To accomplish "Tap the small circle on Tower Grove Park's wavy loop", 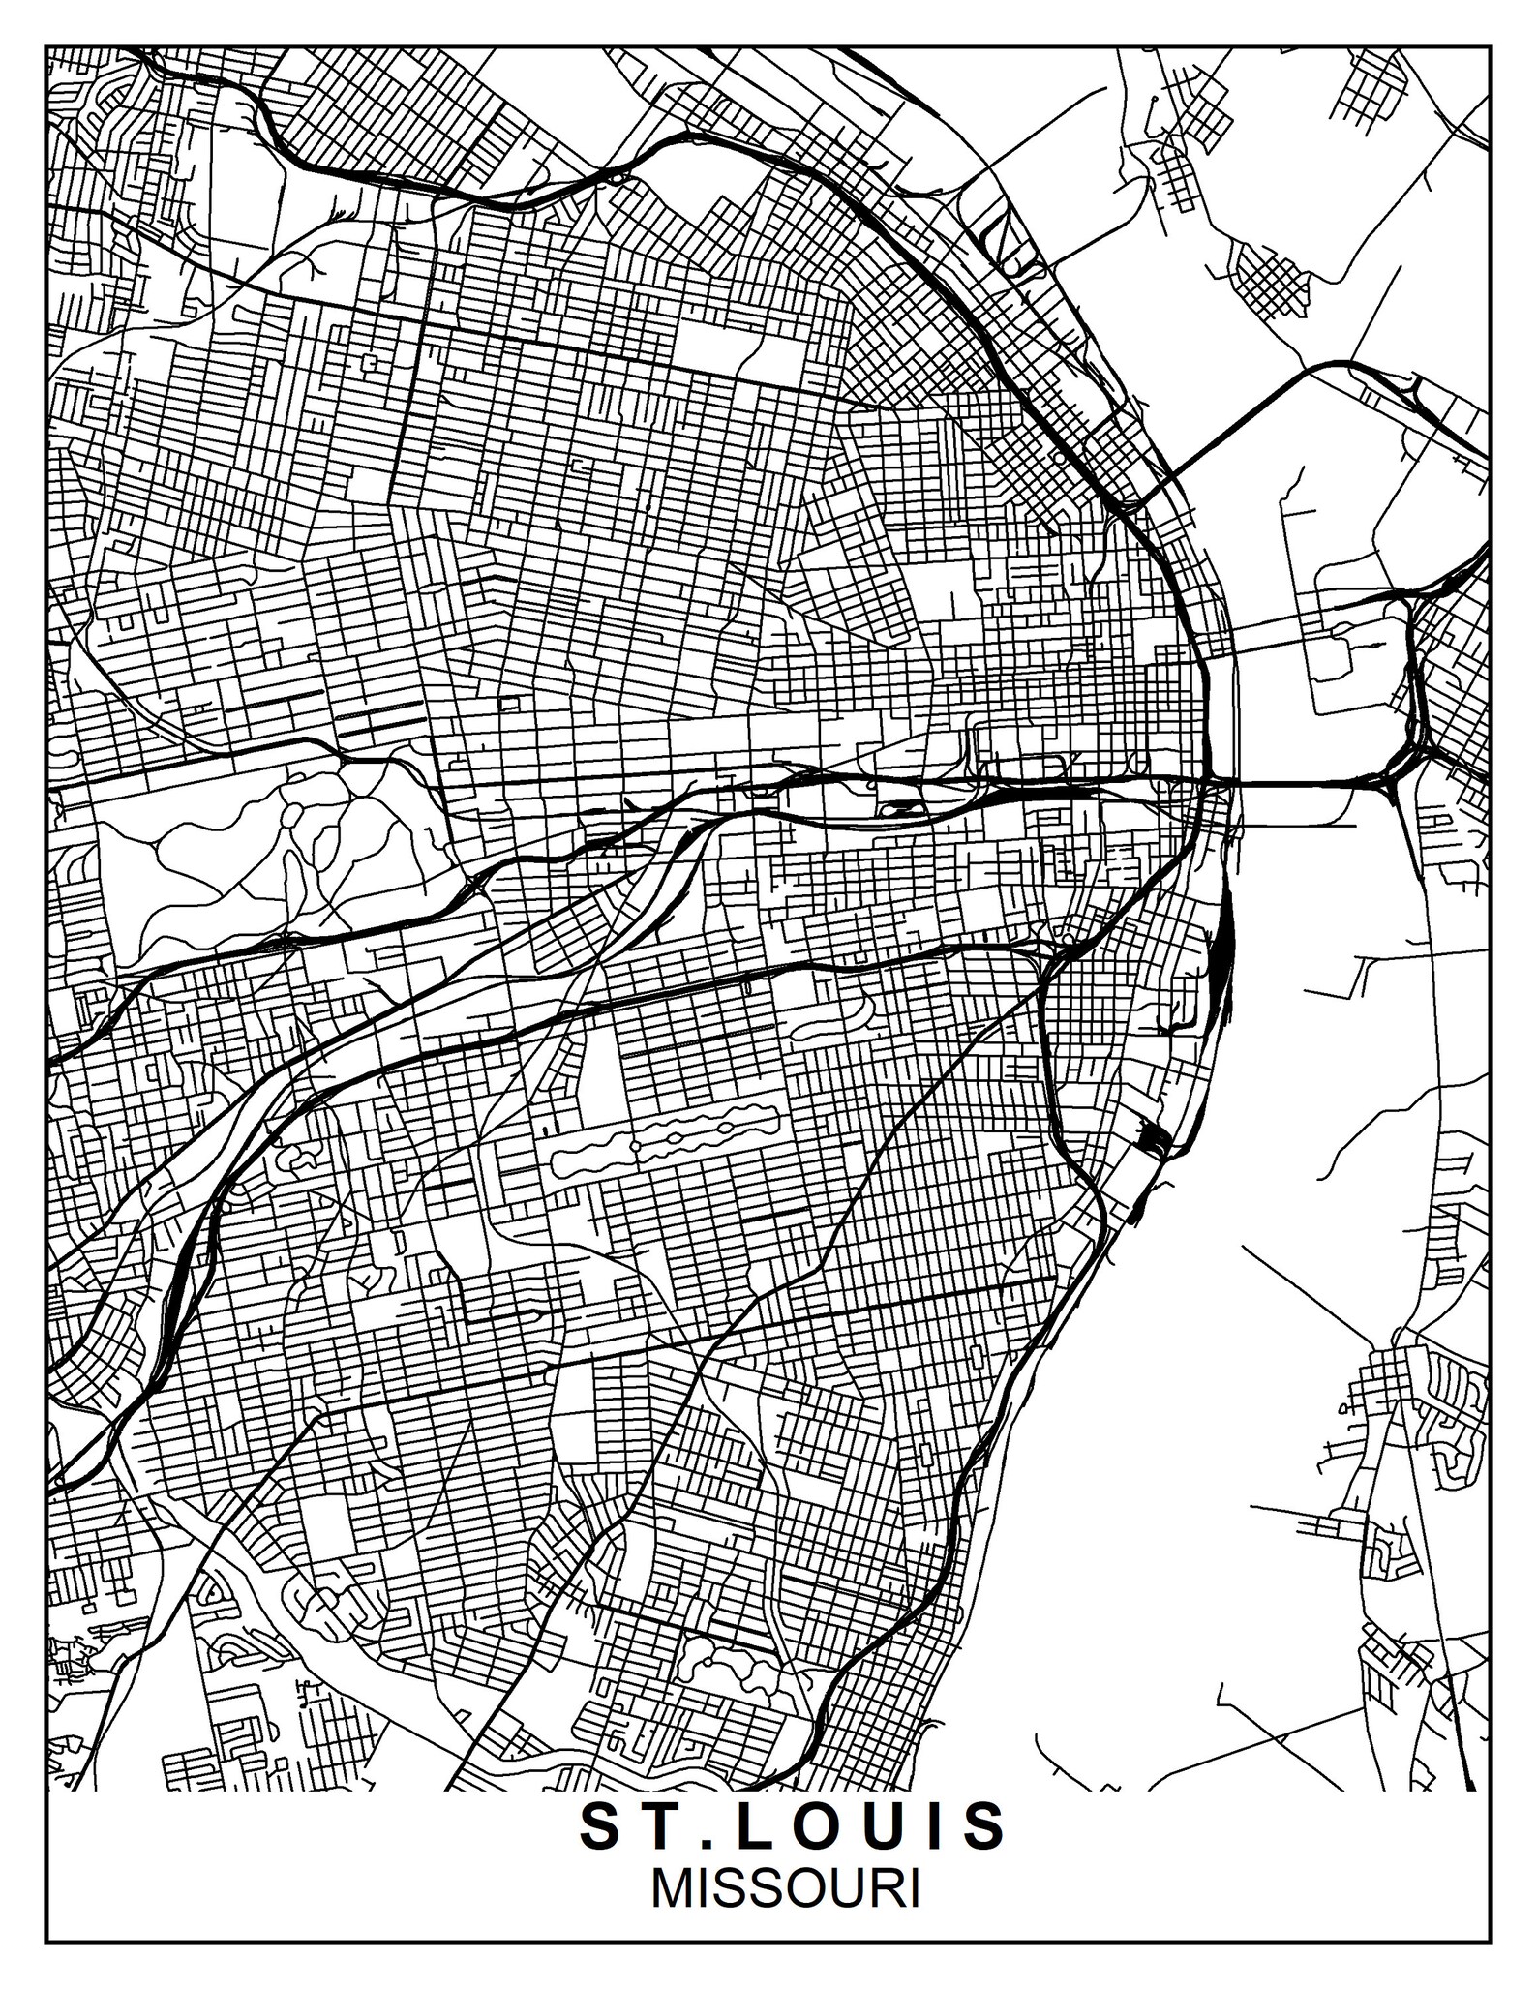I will point(635,1146).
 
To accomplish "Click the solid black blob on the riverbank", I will point(1153,1138).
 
